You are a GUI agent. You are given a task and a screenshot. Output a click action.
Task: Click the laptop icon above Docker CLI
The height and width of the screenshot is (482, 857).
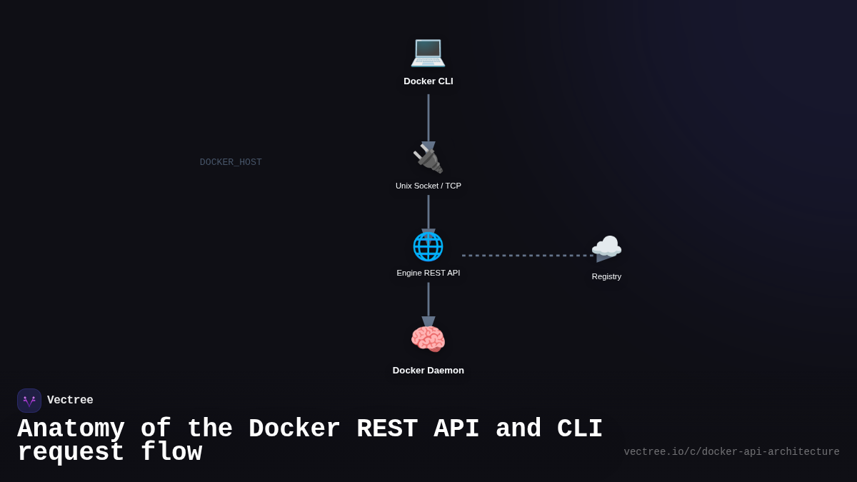pyautogui.click(x=428, y=51)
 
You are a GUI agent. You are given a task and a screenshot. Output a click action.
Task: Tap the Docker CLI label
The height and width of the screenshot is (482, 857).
pyautogui.click(x=428, y=81)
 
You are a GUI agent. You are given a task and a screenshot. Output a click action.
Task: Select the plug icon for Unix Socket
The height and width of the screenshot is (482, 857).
pyautogui.click(x=428, y=159)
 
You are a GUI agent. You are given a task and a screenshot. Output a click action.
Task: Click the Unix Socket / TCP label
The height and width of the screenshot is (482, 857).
pyautogui.click(x=428, y=186)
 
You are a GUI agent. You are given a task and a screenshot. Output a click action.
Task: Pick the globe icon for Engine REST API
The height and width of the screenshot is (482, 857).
pyautogui.click(x=428, y=246)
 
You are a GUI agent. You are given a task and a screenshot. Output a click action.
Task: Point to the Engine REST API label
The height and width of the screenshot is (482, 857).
pyautogui.click(x=428, y=273)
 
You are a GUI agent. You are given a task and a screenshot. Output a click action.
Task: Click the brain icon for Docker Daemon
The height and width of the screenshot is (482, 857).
pyautogui.click(x=428, y=338)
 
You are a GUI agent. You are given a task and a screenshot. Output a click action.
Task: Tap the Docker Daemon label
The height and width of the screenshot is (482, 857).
pyautogui.click(x=428, y=370)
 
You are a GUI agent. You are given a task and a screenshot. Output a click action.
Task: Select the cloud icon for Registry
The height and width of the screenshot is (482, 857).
pyautogui.click(x=606, y=248)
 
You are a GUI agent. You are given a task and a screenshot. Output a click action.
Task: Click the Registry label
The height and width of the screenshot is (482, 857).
pyautogui.click(x=606, y=276)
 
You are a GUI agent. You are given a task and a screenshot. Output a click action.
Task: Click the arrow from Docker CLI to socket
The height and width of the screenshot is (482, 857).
pyautogui.click(x=428, y=118)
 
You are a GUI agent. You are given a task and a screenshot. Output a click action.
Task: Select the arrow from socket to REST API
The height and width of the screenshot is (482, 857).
pyautogui.click(x=428, y=212)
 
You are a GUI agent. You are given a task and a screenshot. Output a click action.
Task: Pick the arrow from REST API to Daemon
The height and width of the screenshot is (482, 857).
pyautogui.click(x=428, y=300)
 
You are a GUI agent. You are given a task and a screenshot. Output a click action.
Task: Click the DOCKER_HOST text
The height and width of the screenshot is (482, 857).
pyautogui.click(x=231, y=162)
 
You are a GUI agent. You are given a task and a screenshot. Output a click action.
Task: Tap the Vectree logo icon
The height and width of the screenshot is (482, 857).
pyautogui.click(x=29, y=401)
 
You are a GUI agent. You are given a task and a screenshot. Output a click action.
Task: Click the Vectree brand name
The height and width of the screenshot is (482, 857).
pyautogui.click(x=70, y=401)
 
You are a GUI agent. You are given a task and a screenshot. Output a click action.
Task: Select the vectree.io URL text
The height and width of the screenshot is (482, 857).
pyautogui.click(x=731, y=452)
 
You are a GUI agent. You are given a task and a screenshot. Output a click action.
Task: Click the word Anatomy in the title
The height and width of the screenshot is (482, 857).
pyautogui.click(x=71, y=429)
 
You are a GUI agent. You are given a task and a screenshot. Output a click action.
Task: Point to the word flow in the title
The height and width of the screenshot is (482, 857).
pyautogui.click(x=171, y=453)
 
